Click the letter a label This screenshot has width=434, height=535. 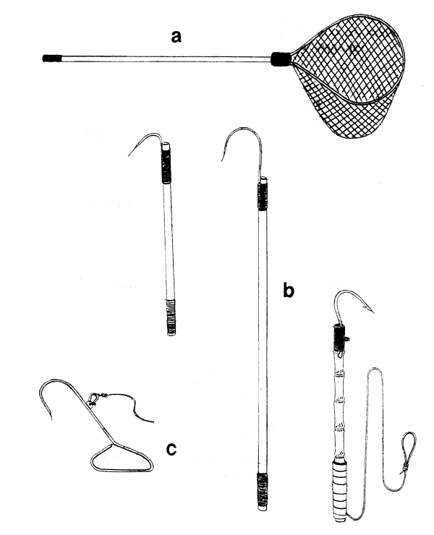coord(175,35)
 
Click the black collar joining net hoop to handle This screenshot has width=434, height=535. coord(280,58)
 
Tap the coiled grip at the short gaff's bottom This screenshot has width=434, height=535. coord(171,316)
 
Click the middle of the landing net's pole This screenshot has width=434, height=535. coord(163,58)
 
